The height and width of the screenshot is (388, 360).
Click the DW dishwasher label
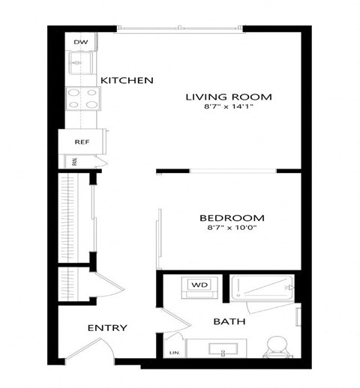79,43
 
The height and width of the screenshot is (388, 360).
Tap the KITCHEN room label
127,80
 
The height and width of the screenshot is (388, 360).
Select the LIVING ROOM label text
228,97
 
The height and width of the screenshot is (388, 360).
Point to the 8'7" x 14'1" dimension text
228,109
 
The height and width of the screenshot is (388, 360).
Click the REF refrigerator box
82,141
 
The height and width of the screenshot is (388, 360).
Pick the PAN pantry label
75,160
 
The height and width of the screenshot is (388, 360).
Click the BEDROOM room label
232,218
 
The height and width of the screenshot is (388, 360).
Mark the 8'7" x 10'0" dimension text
232,228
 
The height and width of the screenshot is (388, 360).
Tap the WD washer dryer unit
199,285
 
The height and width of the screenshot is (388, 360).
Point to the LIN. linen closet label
174,352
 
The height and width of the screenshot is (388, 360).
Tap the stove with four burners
82,98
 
